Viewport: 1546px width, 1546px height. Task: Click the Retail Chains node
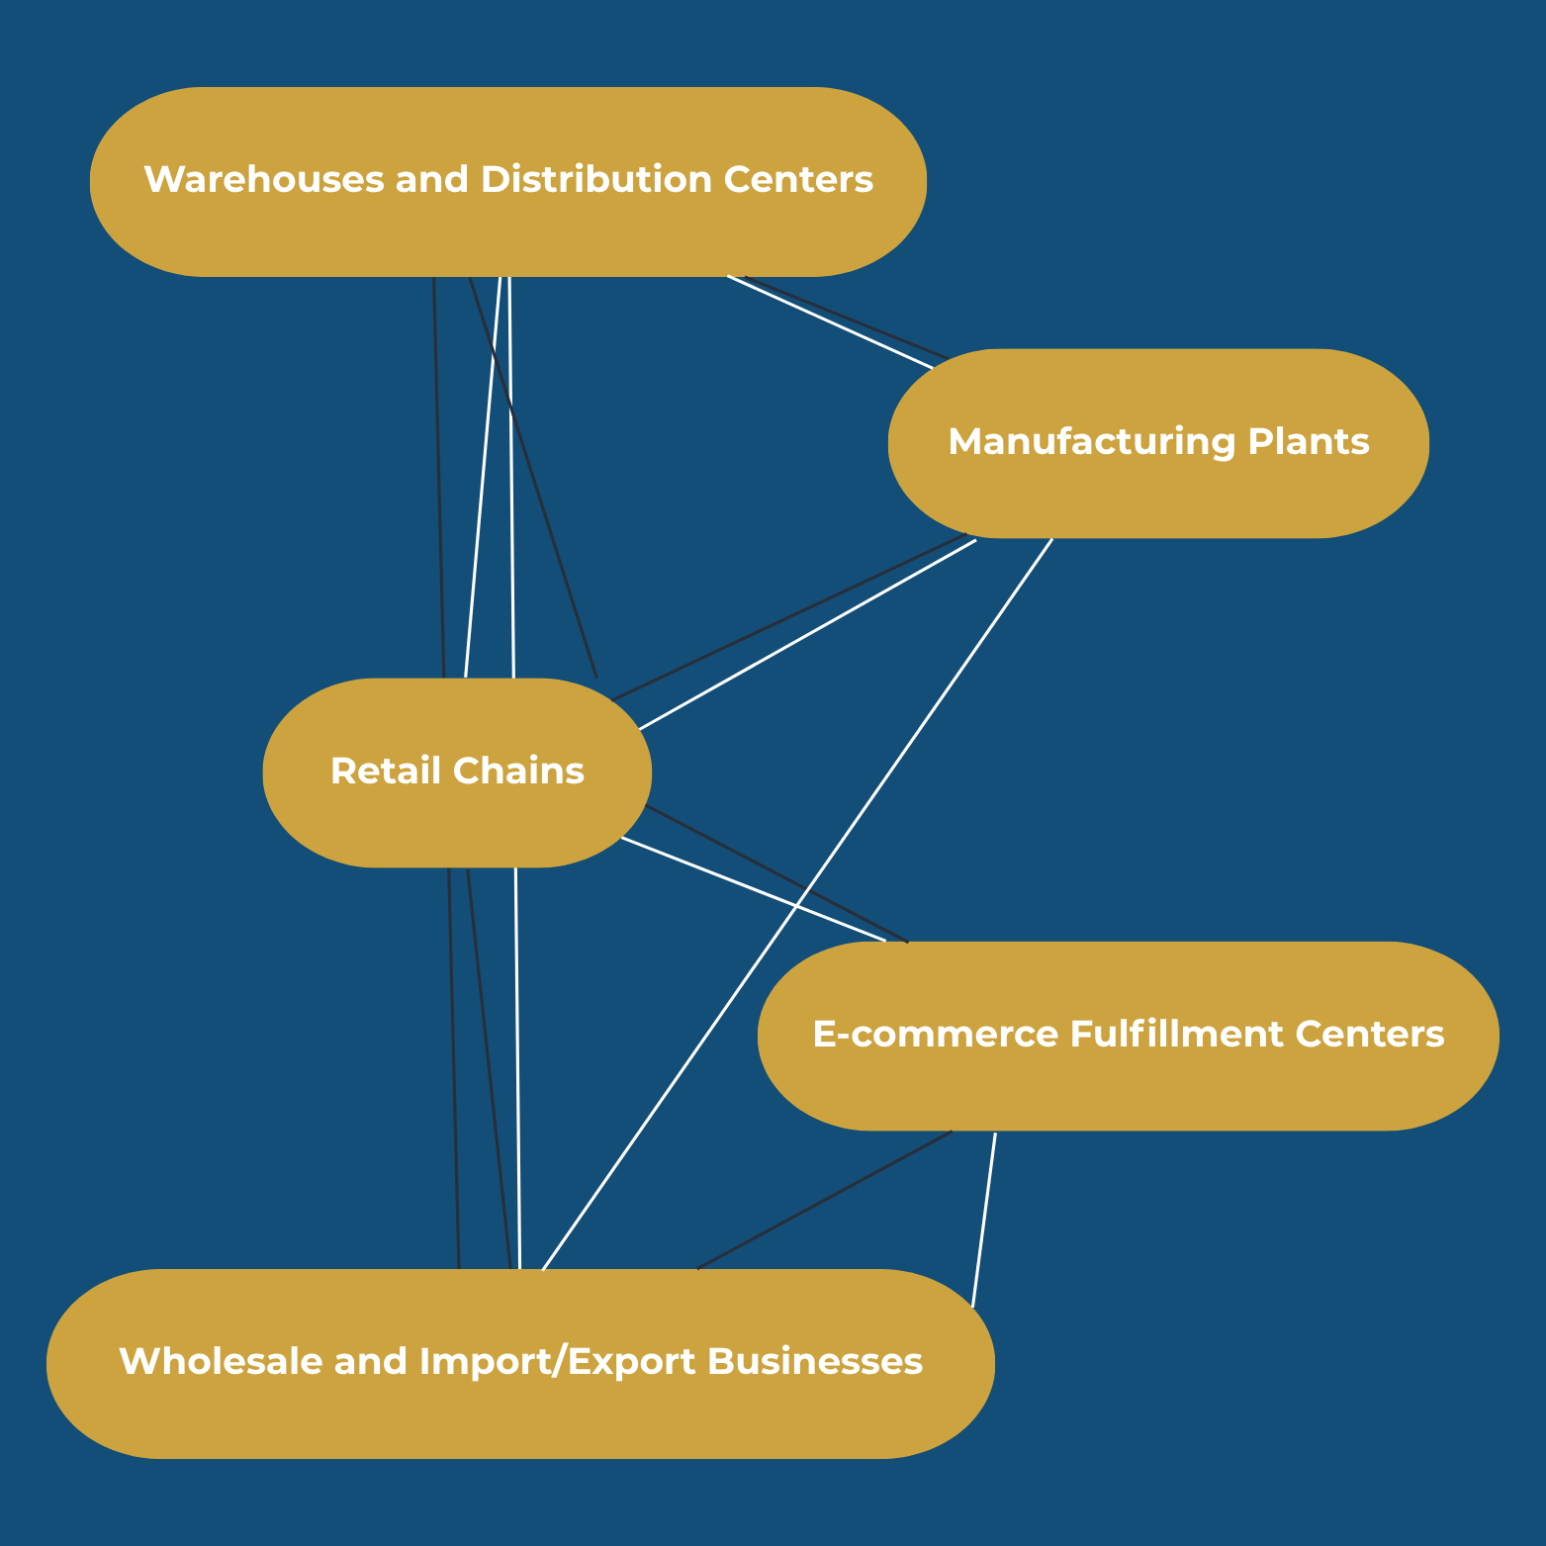[x=457, y=772]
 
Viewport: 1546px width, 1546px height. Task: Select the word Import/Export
[x=558, y=1363]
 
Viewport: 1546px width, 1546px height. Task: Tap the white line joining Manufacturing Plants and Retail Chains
[x=807, y=635]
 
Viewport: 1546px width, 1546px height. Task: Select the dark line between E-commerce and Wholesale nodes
[x=825, y=1200]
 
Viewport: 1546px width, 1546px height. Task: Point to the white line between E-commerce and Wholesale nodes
[x=984, y=1220]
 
